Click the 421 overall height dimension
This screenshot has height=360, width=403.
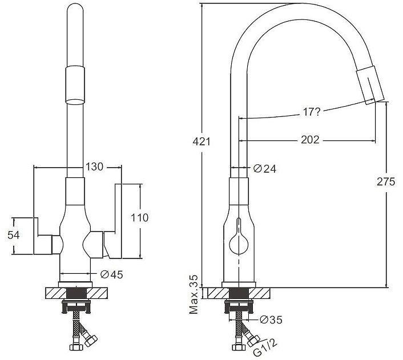201,141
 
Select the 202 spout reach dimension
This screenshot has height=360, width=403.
310,140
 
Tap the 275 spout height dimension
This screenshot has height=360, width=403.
386,181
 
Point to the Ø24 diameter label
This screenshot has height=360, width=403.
264,169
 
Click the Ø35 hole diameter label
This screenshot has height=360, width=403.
271,320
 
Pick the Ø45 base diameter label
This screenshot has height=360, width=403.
112,274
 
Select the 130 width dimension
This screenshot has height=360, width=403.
94,167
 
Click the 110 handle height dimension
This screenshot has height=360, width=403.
140,218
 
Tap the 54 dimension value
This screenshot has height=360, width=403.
13,235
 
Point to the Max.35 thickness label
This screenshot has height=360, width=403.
194,294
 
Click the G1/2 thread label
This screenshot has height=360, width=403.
265,347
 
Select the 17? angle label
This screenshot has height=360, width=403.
311,112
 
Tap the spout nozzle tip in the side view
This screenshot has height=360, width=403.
370,85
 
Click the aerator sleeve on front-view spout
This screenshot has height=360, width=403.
75,86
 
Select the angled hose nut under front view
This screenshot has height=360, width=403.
91,341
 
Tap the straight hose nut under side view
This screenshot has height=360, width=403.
239,347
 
